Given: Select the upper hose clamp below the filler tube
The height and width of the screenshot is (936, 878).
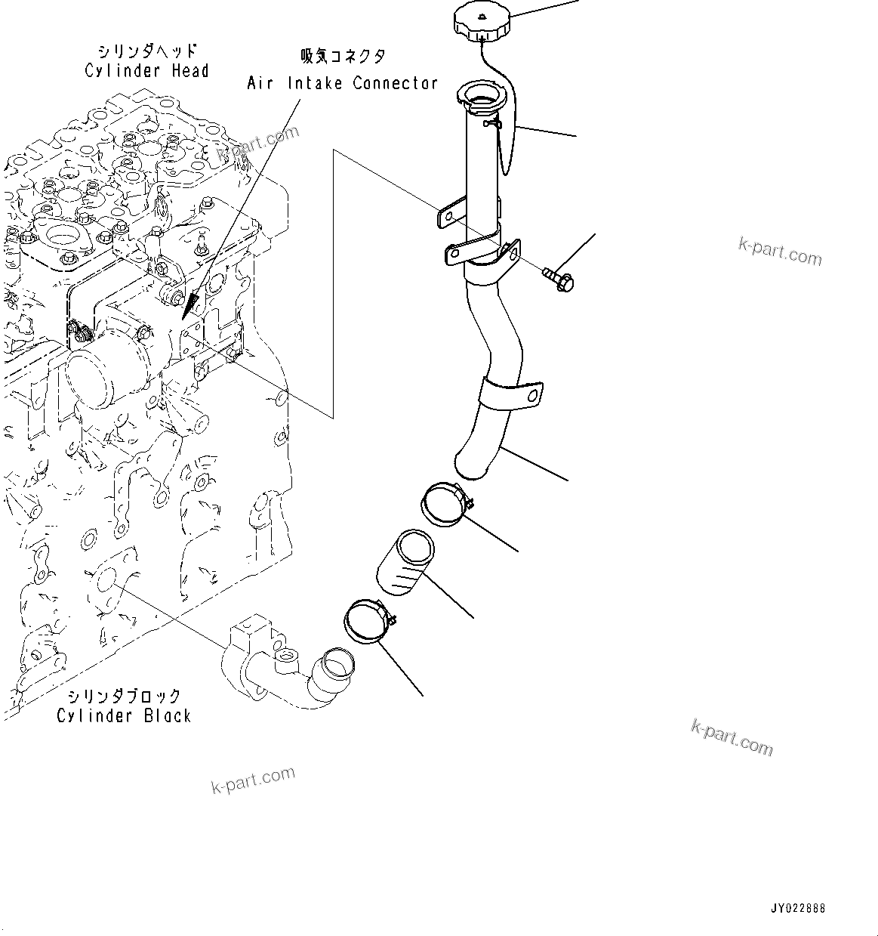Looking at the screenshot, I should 445,504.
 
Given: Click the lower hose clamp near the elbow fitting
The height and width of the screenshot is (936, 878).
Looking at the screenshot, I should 368,622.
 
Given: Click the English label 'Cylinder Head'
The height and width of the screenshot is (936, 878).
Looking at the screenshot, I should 146,71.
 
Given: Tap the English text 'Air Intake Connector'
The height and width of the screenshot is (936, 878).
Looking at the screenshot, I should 342,83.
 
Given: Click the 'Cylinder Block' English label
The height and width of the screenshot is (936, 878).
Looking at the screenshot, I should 124,715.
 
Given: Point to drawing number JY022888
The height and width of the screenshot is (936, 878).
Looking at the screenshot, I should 798,908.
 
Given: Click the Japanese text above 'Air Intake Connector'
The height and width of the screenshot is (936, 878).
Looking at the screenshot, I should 343,57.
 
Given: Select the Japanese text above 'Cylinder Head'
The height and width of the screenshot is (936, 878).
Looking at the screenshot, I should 146,51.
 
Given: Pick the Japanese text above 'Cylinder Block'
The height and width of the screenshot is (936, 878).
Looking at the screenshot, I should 124,696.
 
